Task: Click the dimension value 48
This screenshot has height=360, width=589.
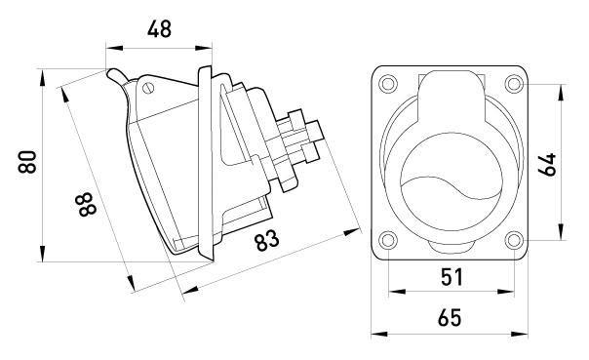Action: (159, 29)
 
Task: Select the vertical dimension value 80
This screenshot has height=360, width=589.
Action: (27, 162)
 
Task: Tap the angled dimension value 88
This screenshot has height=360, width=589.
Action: (88, 204)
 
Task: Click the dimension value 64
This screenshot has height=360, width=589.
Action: (547, 164)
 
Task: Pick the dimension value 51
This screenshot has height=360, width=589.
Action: (452, 277)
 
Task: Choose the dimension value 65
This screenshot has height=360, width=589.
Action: (450, 318)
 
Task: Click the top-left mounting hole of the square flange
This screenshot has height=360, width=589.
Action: (388, 83)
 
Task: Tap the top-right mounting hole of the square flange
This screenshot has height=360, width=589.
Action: (514, 83)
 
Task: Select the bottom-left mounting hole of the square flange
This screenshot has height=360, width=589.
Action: (388, 240)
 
